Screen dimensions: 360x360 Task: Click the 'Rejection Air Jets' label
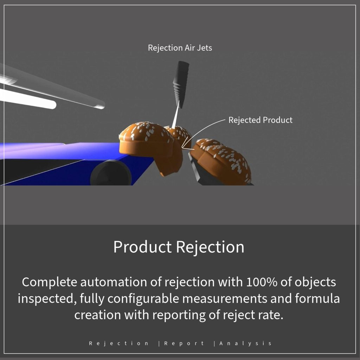click(180, 48)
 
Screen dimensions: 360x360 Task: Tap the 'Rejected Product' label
click(261, 120)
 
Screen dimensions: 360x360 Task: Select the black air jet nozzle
click(181, 84)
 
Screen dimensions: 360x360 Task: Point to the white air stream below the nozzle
click(175, 115)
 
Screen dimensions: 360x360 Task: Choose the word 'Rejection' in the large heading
click(210, 247)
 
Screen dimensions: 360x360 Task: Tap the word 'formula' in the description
click(317, 298)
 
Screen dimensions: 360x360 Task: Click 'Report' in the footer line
click(184, 343)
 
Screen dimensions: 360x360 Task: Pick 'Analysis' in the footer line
click(245, 343)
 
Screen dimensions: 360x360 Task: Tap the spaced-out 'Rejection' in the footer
click(119, 343)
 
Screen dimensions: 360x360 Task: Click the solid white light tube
click(27, 99)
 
